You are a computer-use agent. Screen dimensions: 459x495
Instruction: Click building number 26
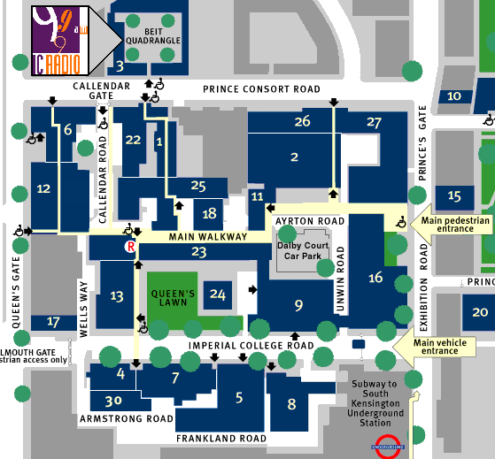tap(302, 122)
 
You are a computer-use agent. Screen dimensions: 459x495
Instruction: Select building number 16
tap(375, 278)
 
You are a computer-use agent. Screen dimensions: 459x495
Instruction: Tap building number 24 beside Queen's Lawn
tap(218, 295)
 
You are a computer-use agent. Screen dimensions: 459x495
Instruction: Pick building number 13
tap(117, 296)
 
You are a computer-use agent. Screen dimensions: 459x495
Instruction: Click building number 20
tap(480, 311)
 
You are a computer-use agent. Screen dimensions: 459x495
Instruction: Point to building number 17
tap(53, 322)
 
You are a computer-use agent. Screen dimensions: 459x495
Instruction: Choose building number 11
tap(257, 196)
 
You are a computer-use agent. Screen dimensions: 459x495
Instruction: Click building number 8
tap(291, 404)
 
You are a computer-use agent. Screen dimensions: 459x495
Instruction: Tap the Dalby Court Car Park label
tap(303, 253)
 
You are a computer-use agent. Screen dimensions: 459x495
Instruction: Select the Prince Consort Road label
tap(261, 89)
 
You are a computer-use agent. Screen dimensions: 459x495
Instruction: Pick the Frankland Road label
tap(221, 439)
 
